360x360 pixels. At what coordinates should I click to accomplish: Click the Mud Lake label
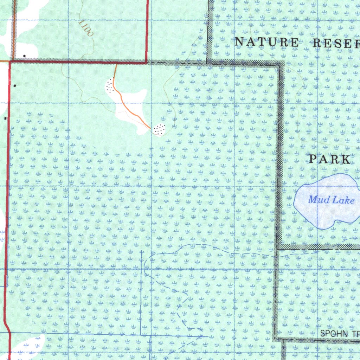331,200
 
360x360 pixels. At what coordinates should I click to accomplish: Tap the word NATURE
266,42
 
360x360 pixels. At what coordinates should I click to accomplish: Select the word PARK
330,159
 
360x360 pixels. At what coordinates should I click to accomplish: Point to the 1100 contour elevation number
86,28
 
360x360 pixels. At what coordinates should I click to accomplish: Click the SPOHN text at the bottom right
332,333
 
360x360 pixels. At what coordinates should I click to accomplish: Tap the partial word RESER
336,43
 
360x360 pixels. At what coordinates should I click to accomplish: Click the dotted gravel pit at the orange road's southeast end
159,129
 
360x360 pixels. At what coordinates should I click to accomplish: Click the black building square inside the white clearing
24,56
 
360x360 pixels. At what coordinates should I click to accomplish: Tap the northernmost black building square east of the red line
14,85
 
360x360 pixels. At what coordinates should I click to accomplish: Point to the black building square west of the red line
5,118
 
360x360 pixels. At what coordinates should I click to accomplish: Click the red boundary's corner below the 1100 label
147,63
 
